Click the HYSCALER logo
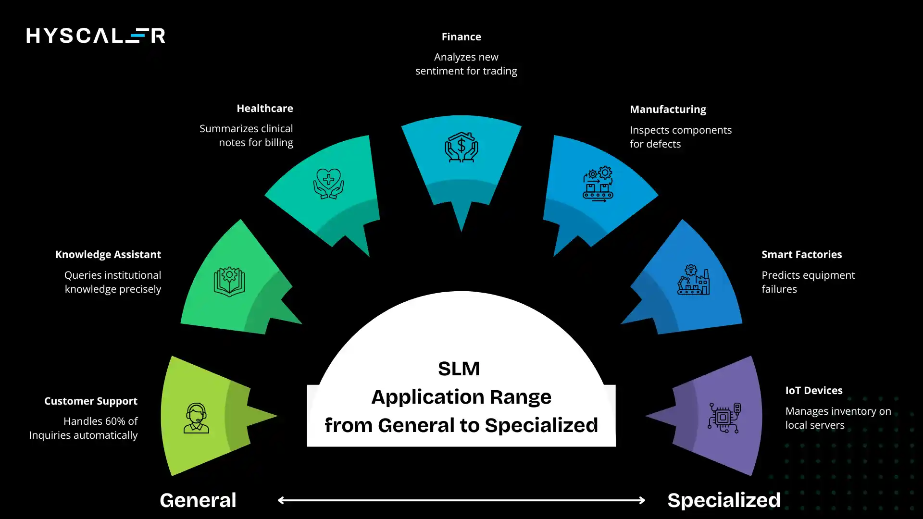coord(96,36)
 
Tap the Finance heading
coord(461,37)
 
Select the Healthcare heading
coord(264,109)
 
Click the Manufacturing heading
coord(668,110)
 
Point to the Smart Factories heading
coord(801,255)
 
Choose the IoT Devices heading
coord(813,391)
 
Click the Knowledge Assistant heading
coord(108,255)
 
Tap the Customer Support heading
coord(91,401)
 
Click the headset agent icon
coord(196,418)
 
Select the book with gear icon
coord(229,281)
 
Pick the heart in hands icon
coord(328,184)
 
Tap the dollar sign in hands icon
coord(461,147)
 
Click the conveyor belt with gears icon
coord(598,184)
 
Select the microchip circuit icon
coord(724,418)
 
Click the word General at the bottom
coord(198,500)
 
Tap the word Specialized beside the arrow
coord(723,500)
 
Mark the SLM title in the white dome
coord(459,369)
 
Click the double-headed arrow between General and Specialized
coord(461,500)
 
